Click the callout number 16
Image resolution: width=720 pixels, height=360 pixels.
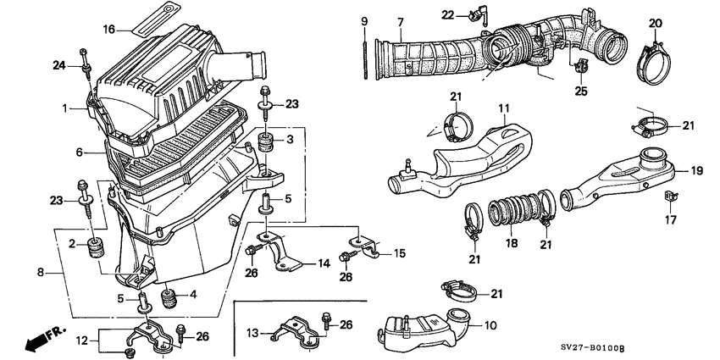[x=108, y=29]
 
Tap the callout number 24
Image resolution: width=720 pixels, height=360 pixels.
[x=58, y=65]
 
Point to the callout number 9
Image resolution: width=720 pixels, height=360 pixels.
[x=364, y=20]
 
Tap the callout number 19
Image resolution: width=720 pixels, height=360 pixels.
[x=696, y=171]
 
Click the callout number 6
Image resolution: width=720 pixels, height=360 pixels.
[x=79, y=152]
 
